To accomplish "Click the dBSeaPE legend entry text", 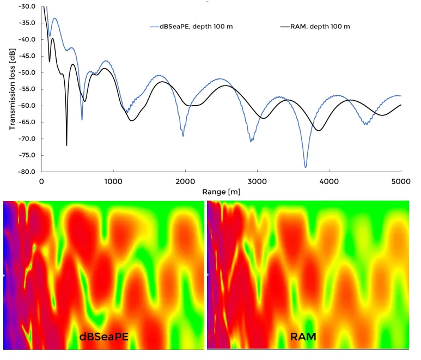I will [x=200, y=26].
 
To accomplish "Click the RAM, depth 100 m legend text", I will [x=323, y=26].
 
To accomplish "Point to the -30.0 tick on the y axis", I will [x=26, y=7].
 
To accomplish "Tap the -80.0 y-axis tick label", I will [x=26, y=172].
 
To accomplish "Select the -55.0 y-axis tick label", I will [x=26, y=89].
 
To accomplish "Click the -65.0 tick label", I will [x=26, y=123].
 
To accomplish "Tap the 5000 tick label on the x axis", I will [x=400, y=182].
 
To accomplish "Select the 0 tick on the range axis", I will [x=42, y=182].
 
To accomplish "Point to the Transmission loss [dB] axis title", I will [x=12, y=89].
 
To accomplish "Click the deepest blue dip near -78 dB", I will [x=306, y=167].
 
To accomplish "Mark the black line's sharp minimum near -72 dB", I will [x=66, y=145].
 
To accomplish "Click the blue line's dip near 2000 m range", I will [x=183, y=136].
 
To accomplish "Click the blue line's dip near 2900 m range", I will [x=251, y=142].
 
